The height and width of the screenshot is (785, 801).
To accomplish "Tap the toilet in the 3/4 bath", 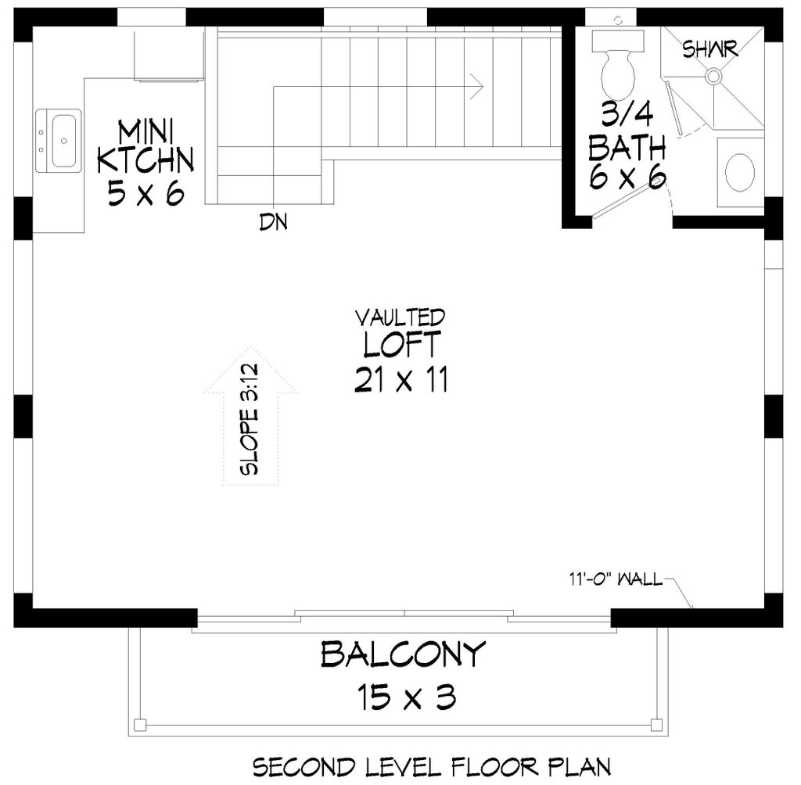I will point(617,66).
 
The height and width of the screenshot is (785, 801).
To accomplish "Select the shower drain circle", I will point(713,76).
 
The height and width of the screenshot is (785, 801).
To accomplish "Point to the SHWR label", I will point(710,50).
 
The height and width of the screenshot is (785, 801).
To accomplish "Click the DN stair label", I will point(273,224).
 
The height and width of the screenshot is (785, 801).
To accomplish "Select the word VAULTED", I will point(400,317).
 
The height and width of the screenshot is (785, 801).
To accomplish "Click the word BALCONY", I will point(403,654).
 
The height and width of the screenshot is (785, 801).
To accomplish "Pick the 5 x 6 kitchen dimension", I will point(145,192).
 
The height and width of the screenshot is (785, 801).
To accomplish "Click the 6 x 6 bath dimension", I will point(627,178).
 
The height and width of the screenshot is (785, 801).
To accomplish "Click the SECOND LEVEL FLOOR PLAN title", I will point(430,765).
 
